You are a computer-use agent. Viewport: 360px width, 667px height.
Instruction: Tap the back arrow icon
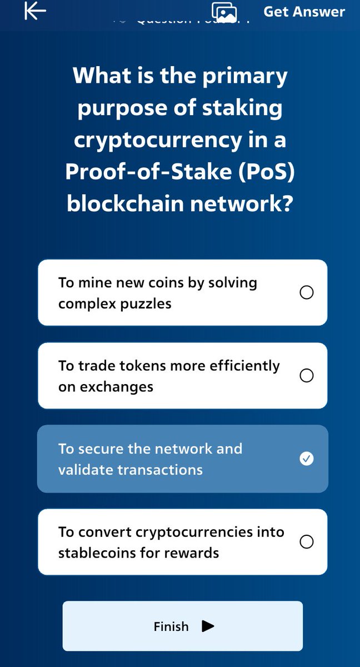tap(35, 12)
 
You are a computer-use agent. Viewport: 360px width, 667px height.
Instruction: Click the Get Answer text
tap(304, 12)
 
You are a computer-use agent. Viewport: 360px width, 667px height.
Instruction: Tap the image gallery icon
tap(224, 12)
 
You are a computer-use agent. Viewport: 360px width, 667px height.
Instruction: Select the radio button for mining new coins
tap(306, 292)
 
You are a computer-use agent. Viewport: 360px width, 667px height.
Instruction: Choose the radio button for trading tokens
tap(306, 376)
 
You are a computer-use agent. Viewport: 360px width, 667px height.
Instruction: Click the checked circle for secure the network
tap(306, 459)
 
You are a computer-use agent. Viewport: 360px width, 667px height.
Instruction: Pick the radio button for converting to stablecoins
tap(306, 541)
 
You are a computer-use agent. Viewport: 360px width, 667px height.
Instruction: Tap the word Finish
tap(171, 626)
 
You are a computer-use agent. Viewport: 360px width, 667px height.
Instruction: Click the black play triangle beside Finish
tap(208, 626)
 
